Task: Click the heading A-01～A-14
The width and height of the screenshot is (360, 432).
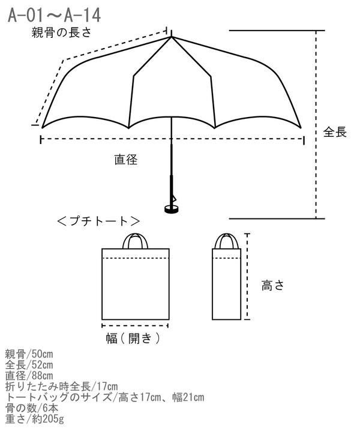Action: (x=54, y=15)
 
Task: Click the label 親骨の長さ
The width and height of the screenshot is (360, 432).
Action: (x=61, y=32)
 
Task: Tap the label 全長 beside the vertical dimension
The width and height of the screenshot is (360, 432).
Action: (x=335, y=132)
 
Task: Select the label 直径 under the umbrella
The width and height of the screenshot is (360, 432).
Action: (x=126, y=160)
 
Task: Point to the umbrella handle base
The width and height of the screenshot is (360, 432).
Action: (x=172, y=209)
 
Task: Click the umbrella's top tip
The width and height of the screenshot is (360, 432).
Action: (x=172, y=31)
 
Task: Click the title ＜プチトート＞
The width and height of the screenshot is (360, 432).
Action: (x=98, y=221)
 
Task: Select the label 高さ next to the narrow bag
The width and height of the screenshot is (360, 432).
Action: (x=272, y=285)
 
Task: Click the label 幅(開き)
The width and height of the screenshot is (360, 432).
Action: (x=133, y=338)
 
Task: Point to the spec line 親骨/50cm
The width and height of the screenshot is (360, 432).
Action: (x=29, y=355)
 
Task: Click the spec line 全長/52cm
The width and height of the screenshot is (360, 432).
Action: (x=29, y=365)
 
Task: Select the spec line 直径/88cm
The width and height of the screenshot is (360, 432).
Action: (x=29, y=376)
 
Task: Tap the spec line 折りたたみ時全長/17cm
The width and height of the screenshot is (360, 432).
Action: (x=61, y=386)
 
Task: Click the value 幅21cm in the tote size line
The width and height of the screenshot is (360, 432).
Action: (x=188, y=397)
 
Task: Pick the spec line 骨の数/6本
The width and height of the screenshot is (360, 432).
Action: (x=32, y=408)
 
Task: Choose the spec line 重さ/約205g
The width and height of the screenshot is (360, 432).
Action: (x=34, y=419)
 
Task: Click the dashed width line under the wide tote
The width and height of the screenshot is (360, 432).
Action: (x=135, y=326)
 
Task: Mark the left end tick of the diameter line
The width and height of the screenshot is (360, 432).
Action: (x=41, y=139)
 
